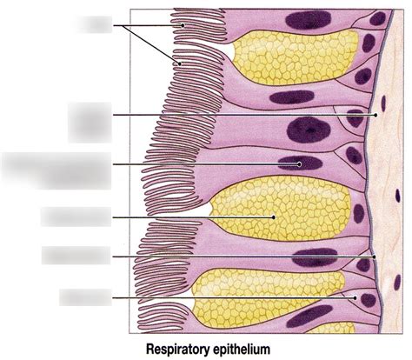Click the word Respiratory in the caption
176,349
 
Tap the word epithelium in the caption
242,349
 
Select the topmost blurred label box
94,24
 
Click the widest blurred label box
56,170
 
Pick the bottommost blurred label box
85,297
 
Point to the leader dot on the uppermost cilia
183,25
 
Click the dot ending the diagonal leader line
180,63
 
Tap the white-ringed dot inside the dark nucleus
299,164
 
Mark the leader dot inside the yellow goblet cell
273,217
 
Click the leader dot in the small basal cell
355,297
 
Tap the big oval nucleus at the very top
308,20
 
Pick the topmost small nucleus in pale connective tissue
383,103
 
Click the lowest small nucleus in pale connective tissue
397,283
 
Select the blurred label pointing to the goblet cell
76,217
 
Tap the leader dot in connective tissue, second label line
375,115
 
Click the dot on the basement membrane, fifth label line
375,257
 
